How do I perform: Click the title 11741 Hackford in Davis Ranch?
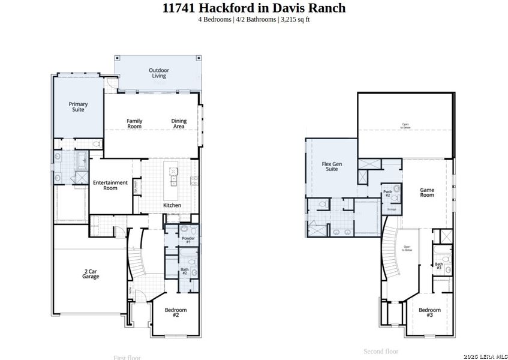coord(254,8)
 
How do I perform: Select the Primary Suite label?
coord(78,107)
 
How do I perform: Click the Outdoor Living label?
coord(158,73)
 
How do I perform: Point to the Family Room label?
coord(134,124)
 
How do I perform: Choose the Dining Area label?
coord(179,124)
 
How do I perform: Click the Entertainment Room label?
coord(110,185)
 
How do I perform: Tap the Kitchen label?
coord(172,205)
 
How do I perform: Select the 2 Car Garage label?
coord(91,274)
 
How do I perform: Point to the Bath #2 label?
coord(185,271)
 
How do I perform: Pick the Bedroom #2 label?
coord(176,312)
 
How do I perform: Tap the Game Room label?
coord(426,192)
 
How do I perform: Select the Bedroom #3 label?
coord(429,312)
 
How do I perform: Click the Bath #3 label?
coord(439,265)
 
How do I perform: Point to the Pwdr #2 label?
coord(387,194)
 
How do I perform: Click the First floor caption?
coord(127,357)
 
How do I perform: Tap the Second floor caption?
coord(381,351)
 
